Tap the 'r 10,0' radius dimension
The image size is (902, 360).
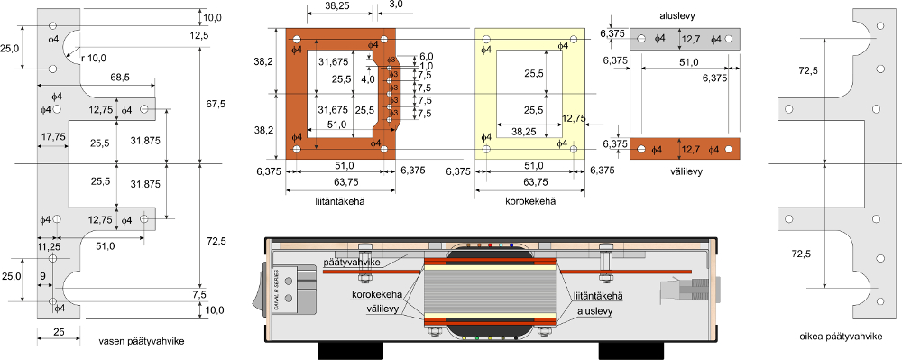(94, 57)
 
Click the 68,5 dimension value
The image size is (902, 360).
(118, 77)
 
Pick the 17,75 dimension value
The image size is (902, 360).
(53, 137)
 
